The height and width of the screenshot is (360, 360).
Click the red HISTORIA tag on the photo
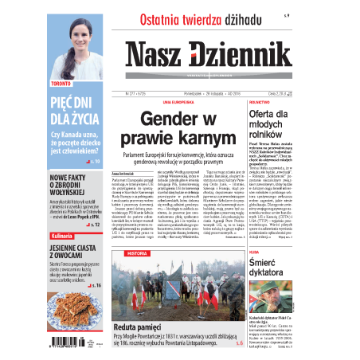point(137,252)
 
